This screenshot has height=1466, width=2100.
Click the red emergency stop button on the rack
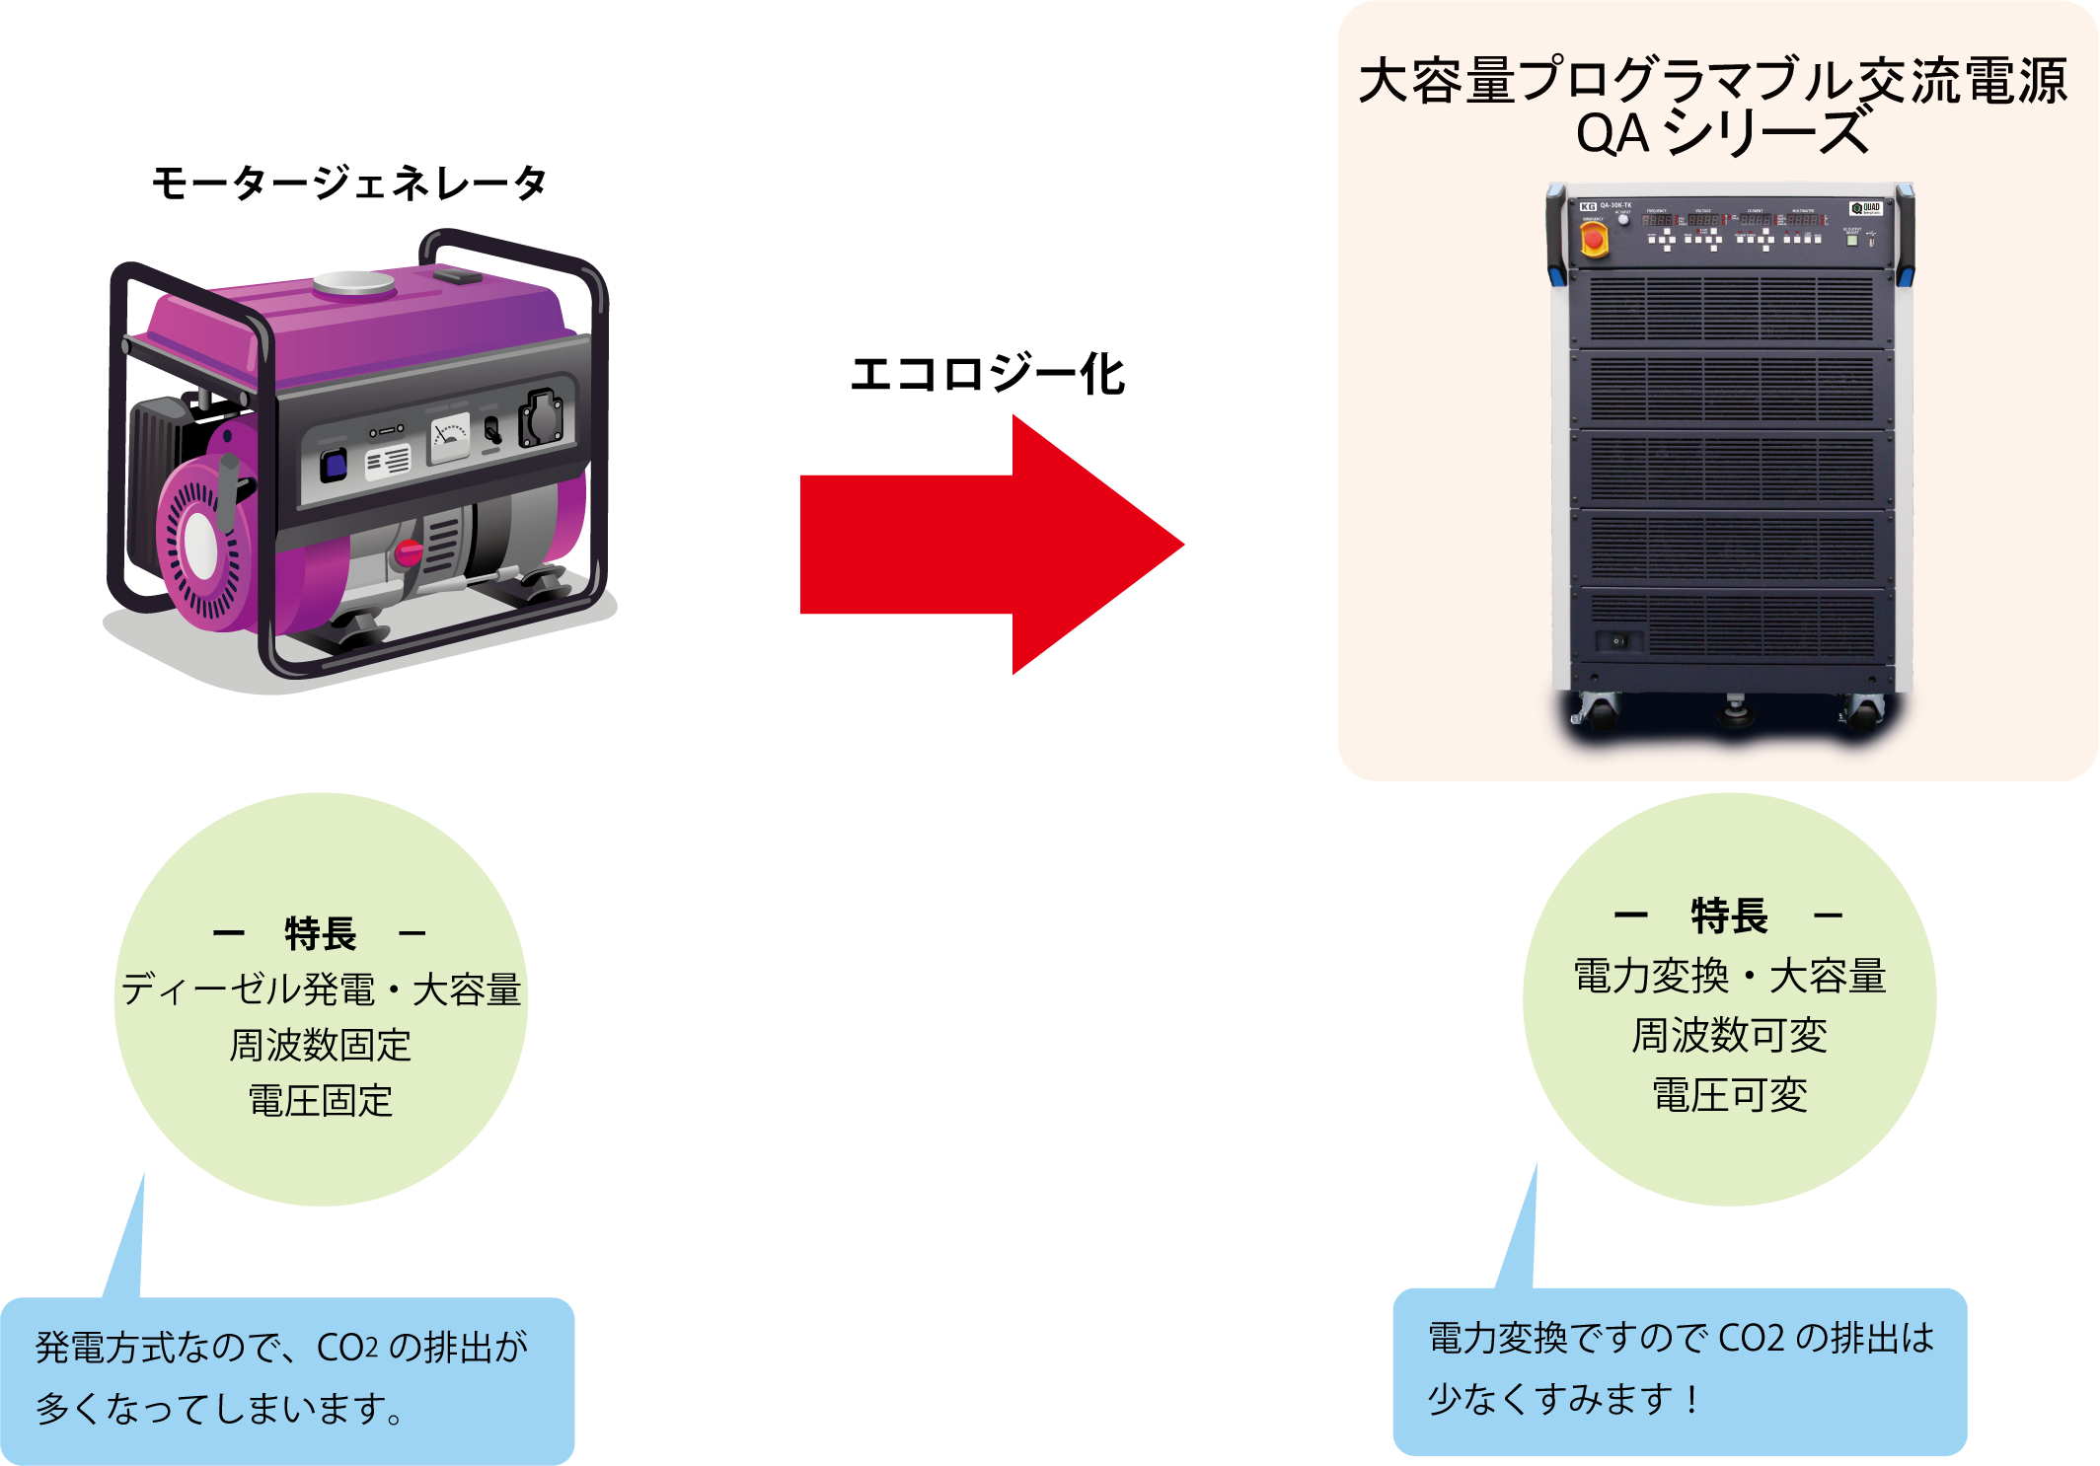coord(1593,239)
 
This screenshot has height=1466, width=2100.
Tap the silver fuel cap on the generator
coord(353,284)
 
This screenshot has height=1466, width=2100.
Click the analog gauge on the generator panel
coord(450,438)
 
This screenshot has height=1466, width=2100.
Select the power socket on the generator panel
coord(542,416)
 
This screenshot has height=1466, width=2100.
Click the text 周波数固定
coord(321,1045)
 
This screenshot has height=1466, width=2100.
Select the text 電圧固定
coord(321,1101)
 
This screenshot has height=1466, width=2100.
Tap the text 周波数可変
coord(1729,1036)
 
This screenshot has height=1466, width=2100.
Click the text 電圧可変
coord(1729,1095)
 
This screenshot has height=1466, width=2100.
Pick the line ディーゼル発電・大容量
coord(321,990)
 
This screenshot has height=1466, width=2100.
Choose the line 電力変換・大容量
coord(1729,977)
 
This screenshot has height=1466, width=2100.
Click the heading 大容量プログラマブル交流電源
coord(1712,81)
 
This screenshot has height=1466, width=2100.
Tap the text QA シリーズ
coord(1722,134)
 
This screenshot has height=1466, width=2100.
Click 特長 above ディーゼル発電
coord(320,933)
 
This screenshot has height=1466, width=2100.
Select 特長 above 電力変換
coord(1729,916)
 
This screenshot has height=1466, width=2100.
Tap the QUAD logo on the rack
coord(1865,208)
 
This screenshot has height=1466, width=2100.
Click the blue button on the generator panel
coord(335,465)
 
